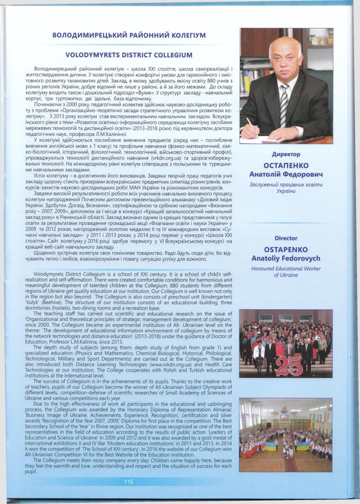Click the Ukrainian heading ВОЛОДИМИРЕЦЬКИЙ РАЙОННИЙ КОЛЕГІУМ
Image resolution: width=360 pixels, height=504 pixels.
pyautogui.click(x=129, y=35)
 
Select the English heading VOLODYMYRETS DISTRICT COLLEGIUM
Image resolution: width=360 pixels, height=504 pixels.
pyautogui.click(x=129, y=55)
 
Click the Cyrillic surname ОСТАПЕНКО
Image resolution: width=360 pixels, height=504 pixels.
pyautogui.click(x=286, y=165)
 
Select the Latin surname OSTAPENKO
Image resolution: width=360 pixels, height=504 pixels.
pyautogui.click(x=286, y=250)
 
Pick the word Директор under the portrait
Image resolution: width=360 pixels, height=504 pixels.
pyautogui.click(x=286, y=155)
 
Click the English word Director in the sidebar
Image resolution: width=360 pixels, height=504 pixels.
pyautogui.click(x=286, y=238)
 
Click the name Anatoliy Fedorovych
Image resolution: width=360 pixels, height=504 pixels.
pyautogui.click(x=286, y=258)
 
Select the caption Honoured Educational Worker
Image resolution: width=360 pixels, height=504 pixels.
pyautogui.click(x=286, y=269)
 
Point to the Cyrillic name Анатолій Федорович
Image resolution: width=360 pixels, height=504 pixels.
pyautogui.click(x=286, y=174)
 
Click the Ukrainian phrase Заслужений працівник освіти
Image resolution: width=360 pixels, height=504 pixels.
pyautogui.click(x=286, y=185)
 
